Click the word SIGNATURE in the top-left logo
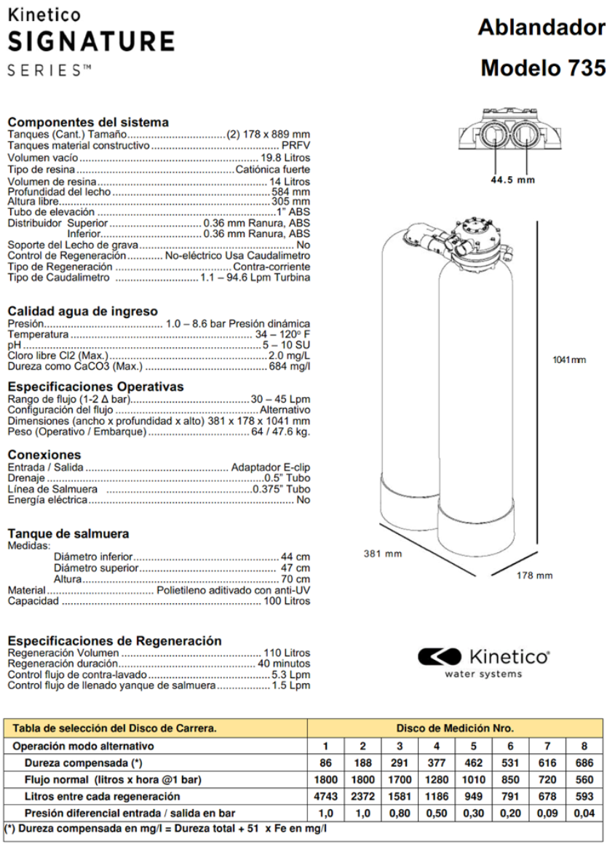point(91,41)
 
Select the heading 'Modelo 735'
point(542,68)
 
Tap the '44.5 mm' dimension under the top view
point(512,180)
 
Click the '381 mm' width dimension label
point(383,554)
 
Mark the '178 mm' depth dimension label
point(534,576)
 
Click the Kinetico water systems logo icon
point(440,657)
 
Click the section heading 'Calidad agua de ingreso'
point(82,311)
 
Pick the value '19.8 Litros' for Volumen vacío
point(285,158)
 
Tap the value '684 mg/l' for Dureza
point(289,366)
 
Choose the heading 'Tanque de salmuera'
point(68,533)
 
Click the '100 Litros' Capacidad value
point(287,601)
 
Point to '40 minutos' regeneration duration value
point(284,664)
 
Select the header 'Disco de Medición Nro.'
point(455,728)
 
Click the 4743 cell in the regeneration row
point(325,796)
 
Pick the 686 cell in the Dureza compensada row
point(584,763)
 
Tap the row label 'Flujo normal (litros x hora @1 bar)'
point(113,780)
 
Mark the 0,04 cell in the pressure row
point(584,813)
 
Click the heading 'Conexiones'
point(44,455)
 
